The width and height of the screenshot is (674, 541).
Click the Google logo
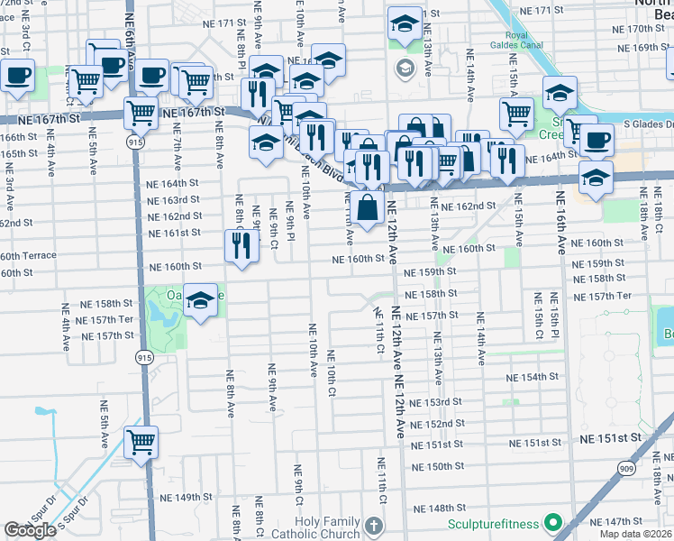click(x=30, y=530)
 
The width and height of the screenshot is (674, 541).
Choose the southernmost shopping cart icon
click(x=141, y=442)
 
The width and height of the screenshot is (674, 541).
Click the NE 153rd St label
click(x=437, y=402)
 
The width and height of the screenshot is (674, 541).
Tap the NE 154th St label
click(x=534, y=378)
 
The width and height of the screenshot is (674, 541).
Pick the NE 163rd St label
click(x=173, y=200)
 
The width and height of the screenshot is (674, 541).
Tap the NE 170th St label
click(x=637, y=28)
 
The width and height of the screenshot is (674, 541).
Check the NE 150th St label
click(x=439, y=467)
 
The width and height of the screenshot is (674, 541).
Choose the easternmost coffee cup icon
click(x=596, y=141)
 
